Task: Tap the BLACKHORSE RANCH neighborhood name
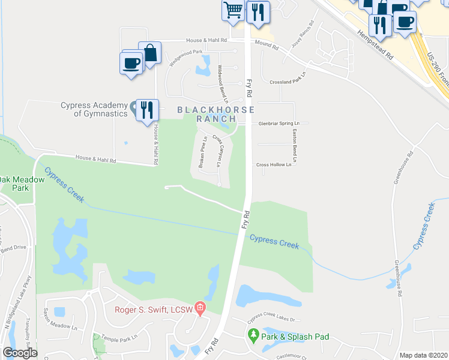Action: pyautogui.click(x=216, y=114)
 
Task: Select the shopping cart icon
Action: pyautogui.click(x=233, y=10)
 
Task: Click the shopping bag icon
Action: pyautogui.click(x=150, y=52)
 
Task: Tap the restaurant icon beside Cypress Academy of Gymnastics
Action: pyautogui.click(x=146, y=110)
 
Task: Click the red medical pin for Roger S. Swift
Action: pyautogui.click(x=200, y=310)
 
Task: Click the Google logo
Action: pyautogui.click(x=20, y=353)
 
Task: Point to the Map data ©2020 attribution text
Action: pyautogui.click(x=423, y=355)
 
